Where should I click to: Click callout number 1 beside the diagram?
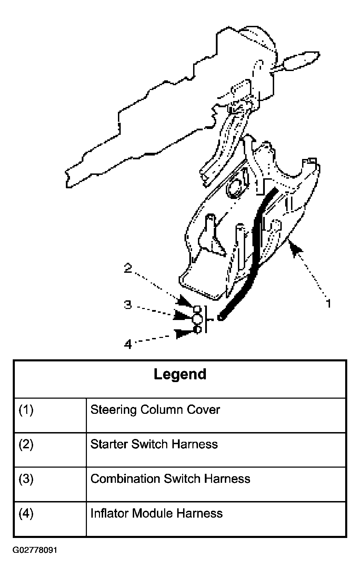coord(329,303)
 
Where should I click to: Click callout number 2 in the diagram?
coord(128,268)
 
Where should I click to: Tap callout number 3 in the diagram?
coord(128,305)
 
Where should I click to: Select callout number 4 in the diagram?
coord(128,344)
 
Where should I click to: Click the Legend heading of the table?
coord(180,375)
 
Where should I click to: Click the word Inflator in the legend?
coord(110,513)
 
